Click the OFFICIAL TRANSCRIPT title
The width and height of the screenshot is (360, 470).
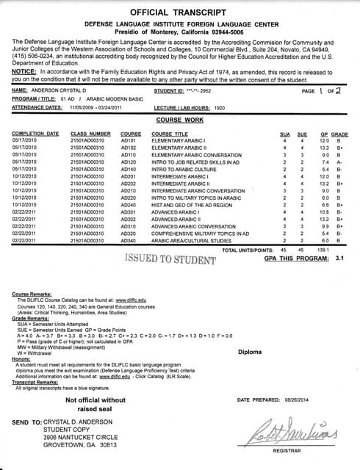(180, 12)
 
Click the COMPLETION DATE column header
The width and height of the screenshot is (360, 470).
(35, 134)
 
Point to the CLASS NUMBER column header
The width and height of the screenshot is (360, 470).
(90, 134)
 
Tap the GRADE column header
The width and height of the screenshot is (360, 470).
(339, 134)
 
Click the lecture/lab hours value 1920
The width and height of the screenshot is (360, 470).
(220, 106)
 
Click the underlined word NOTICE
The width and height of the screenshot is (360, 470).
(26, 70)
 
